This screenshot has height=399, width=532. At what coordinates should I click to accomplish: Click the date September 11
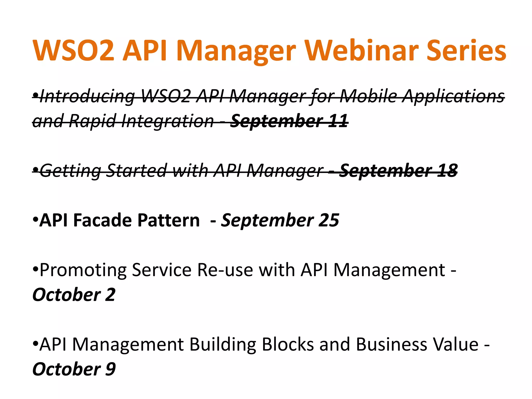[x=289, y=121]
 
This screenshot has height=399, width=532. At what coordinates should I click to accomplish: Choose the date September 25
[x=280, y=220]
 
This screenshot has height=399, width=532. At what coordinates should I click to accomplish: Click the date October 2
[x=74, y=295]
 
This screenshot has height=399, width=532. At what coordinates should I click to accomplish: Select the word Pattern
[x=168, y=220]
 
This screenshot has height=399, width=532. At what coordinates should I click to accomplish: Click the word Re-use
[x=225, y=270]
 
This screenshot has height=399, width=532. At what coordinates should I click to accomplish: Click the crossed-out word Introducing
[x=87, y=96]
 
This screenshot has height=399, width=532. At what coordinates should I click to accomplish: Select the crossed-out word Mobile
[x=369, y=96]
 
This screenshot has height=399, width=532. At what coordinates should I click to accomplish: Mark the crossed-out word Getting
[x=70, y=171]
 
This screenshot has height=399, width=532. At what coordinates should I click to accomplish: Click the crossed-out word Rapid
[x=92, y=121]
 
